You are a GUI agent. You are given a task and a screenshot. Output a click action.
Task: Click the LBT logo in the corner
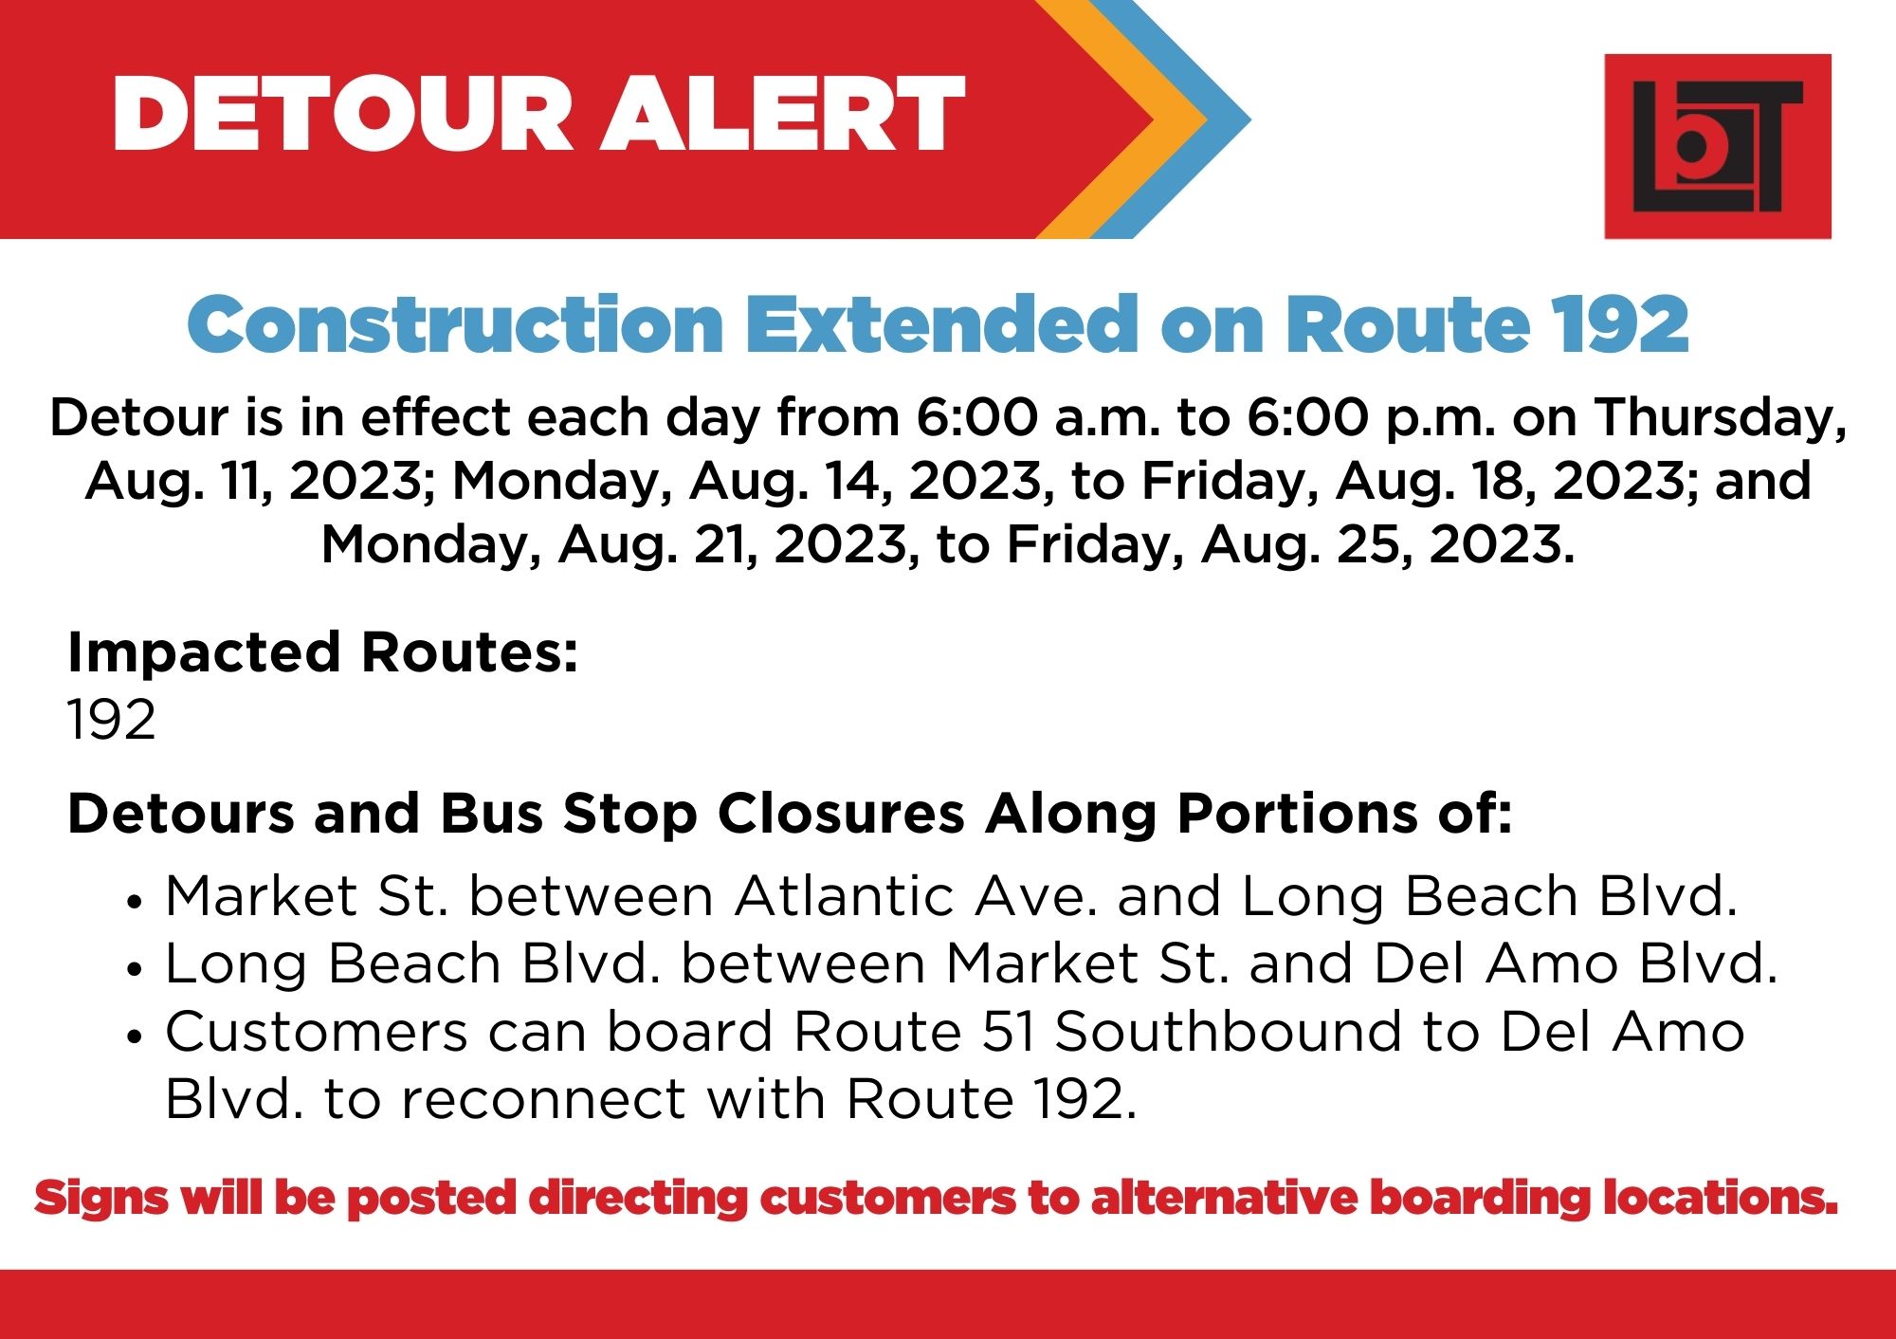[x=1717, y=146]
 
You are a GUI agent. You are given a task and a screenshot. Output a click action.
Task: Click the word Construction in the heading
[x=456, y=324]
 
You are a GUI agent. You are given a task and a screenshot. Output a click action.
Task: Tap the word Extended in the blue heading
[x=942, y=324]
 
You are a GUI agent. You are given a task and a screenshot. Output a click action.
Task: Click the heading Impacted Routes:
[x=323, y=653]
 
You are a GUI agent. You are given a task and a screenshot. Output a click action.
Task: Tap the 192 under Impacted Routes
[x=111, y=720]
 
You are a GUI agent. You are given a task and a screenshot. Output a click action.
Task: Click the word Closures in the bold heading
[x=841, y=814]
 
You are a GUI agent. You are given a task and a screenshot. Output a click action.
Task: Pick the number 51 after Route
[x=1008, y=1033]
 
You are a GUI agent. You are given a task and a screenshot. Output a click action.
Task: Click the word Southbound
[x=1229, y=1032]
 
